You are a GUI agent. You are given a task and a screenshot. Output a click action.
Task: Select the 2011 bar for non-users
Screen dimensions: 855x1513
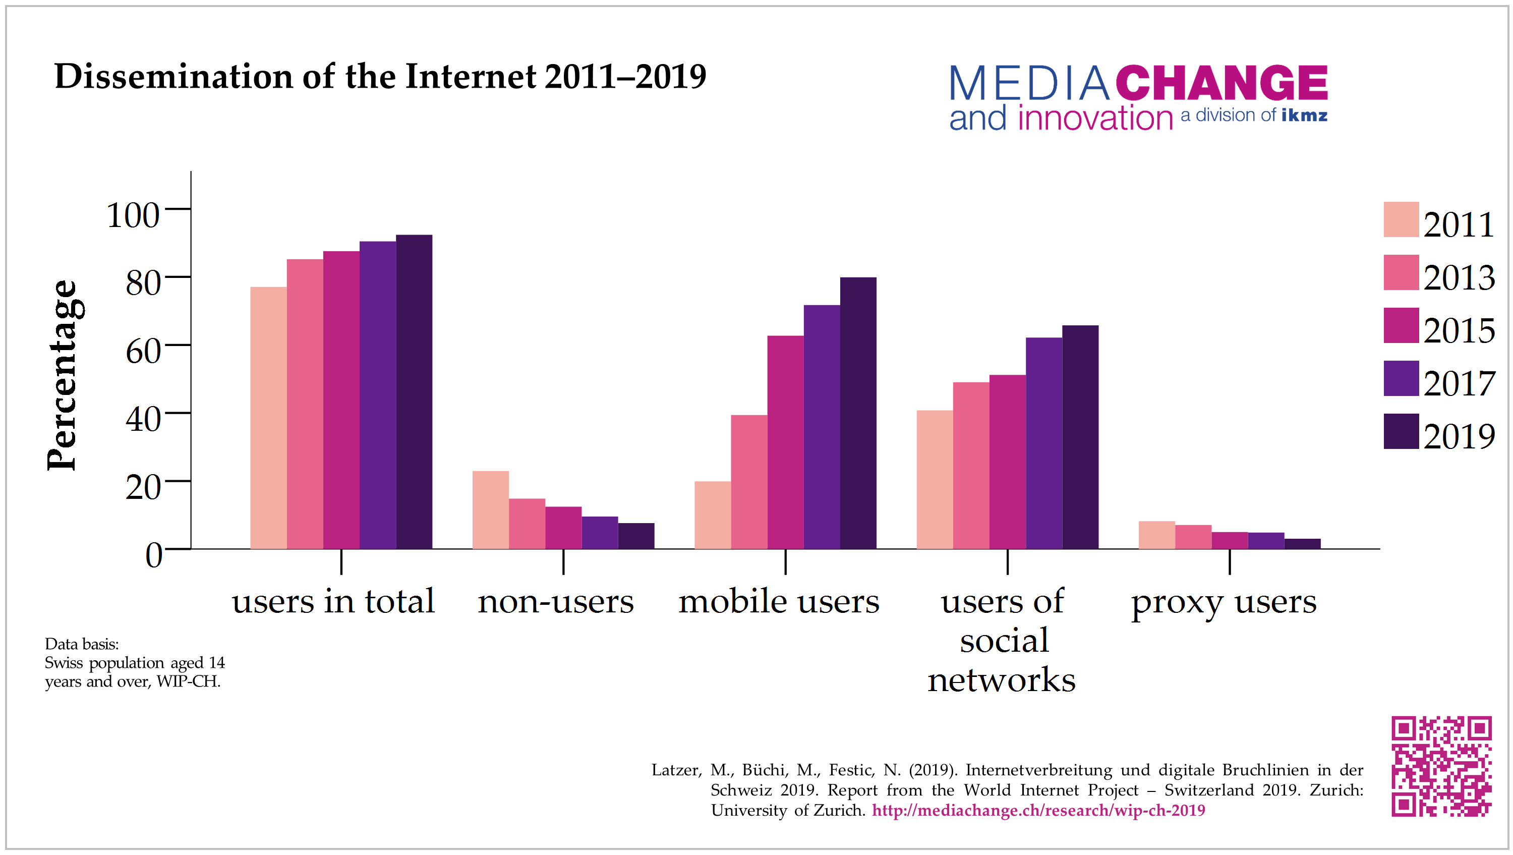pyautogui.click(x=490, y=510)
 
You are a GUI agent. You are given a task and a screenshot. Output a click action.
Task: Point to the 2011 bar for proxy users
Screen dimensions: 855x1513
pyautogui.click(x=1156, y=535)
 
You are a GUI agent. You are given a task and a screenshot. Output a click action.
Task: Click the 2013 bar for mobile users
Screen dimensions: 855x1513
pyautogui.click(x=749, y=482)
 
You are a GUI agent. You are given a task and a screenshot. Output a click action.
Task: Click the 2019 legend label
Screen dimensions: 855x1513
pyautogui.click(x=1459, y=437)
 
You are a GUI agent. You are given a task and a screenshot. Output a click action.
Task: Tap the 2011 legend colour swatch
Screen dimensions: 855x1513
pyautogui.click(x=1401, y=219)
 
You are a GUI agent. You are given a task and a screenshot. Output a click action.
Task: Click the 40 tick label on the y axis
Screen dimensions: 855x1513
pyautogui.click(x=143, y=420)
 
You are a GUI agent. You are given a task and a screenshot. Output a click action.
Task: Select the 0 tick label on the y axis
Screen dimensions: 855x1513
pyautogui.click(x=153, y=555)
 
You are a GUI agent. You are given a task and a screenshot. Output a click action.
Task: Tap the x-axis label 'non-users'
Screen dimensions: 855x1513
pyautogui.click(x=556, y=602)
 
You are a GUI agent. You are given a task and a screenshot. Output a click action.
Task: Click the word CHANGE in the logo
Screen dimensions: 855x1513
pyautogui.click(x=1221, y=83)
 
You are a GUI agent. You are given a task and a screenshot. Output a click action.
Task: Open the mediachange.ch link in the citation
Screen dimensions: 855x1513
pyautogui.click(x=1038, y=810)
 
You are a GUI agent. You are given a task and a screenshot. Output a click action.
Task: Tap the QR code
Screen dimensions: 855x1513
pyautogui.click(x=1441, y=766)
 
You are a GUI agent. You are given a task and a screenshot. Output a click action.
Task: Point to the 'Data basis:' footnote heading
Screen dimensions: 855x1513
pyautogui.click(x=82, y=644)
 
